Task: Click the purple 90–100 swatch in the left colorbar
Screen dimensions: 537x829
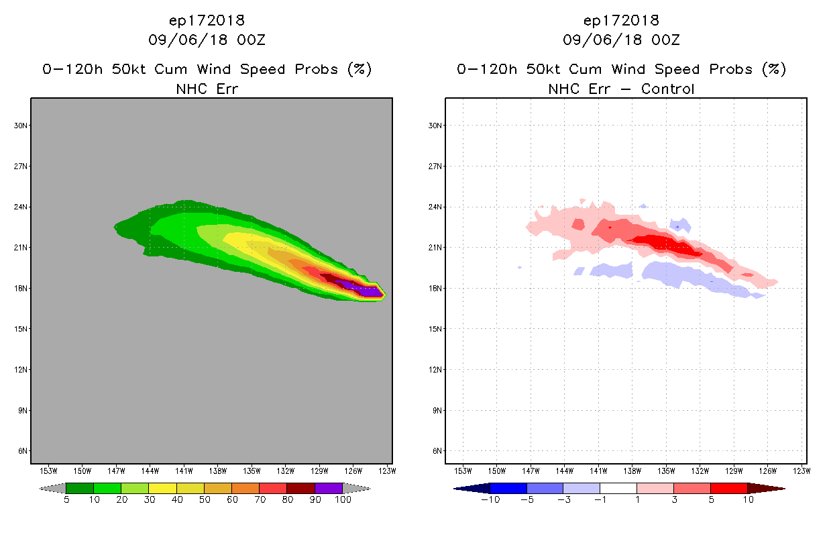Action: click(x=329, y=488)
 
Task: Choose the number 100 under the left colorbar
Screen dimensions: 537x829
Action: click(x=343, y=500)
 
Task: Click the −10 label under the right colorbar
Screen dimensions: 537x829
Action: click(x=490, y=500)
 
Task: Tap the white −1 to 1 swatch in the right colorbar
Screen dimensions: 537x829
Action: click(x=618, y=488)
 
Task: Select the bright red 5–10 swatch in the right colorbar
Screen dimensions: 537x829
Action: click(x=728, y=488)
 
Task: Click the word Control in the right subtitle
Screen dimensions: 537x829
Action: click(x=668, y=89)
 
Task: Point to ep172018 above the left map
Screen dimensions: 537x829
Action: click(x=207, y=20)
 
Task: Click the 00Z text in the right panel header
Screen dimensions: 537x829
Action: click(x=665, y=40)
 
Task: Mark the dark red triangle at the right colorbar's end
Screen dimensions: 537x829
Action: click(x=765, y=488)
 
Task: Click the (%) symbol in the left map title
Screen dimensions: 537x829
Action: click(x=359, y=69)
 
